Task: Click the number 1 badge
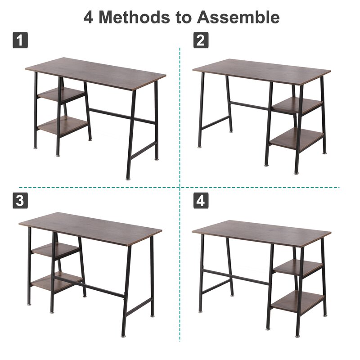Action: click(x=20, y=40)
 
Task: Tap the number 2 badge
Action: click(x=201, y=40)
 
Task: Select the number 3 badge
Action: click(x=20, y=200)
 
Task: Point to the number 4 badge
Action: click(x=201, y=200)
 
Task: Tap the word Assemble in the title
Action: click(x=238, y=17)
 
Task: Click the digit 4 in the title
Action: click(x=88, y=17)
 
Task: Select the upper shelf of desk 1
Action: click(x=61, y=94)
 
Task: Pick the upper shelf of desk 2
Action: click(x=298, y=105)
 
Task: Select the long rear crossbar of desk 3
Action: click(x=89, y=287)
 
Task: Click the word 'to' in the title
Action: click(x=184, y=18)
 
